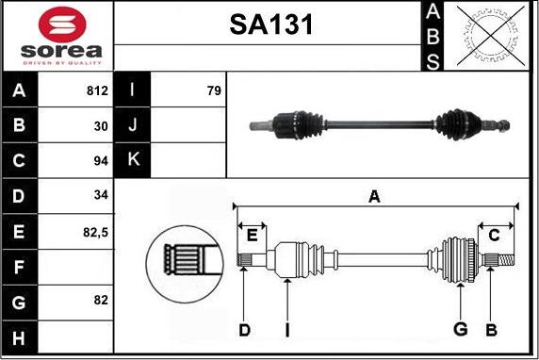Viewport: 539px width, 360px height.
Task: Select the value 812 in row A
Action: tap(97, 91)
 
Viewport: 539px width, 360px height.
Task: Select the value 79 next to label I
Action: tap(213, 91)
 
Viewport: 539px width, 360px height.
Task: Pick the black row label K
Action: tap(132, 160)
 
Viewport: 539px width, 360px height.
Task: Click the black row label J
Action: tap(132, 125)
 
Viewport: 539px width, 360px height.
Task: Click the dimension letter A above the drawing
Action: tap(374, 196)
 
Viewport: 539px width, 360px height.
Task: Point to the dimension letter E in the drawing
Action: tap(252, 235)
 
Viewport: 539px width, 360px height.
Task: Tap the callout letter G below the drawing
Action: tap(461, 329)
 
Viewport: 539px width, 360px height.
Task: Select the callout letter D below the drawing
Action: tap(244, 329)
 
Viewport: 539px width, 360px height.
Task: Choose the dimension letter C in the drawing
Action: tap(493, 235)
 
